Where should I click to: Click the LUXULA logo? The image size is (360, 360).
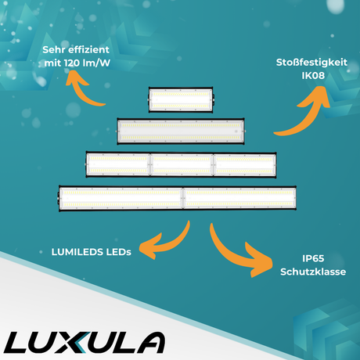[x=86, y=342]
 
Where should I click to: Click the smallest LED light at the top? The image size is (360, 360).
[x=181, y=100]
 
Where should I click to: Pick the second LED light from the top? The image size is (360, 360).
[x=180, y=131]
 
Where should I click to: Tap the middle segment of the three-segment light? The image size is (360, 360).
[x=181, y=164]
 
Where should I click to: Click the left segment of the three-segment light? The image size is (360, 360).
[x=117, y=164]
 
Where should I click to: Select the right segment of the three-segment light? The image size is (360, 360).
[x=244, y=164]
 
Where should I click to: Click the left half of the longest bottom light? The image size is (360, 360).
[x=120, y=199]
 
